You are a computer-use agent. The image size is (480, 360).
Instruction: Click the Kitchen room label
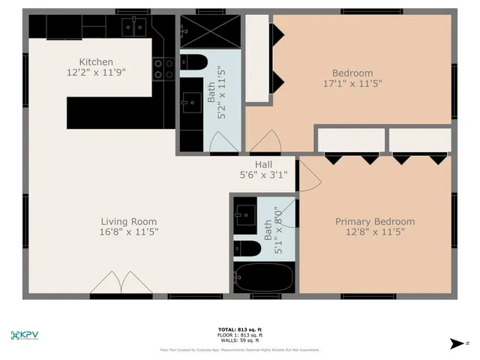click(x=97, y=61)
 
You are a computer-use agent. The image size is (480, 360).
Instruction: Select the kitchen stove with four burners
click(x=163, y=69)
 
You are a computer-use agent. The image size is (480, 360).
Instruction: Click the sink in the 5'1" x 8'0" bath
click(x=244, y=215)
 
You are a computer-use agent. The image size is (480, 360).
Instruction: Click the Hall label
click(x=263, y=164)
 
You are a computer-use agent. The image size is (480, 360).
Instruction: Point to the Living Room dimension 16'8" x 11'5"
click(x=129, y=232)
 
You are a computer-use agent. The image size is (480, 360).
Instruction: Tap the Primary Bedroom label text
click(x=374, y=221)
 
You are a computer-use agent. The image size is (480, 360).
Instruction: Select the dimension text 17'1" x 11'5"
click(x=352, y=84)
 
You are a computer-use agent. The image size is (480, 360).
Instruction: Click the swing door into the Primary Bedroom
click(x=310, y=176)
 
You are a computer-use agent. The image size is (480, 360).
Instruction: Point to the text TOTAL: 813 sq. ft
click(x=238, y=330)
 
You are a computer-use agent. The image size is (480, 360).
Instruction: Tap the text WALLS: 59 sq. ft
click(x=238, y=340)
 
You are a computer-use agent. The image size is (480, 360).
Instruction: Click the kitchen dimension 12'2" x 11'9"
click(x=97, y=73)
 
